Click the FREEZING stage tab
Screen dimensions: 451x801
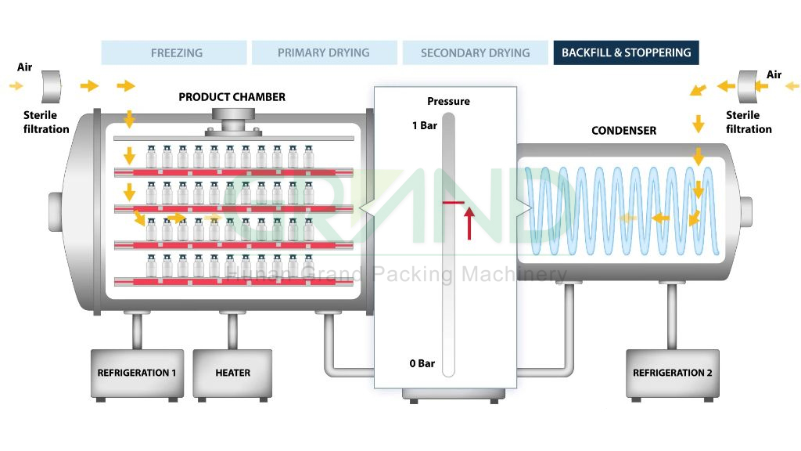point(176,53)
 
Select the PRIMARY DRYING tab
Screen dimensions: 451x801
point(323,53)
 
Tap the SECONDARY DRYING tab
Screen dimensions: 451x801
point(475,53)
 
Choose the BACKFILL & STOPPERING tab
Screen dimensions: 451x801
point(626,53)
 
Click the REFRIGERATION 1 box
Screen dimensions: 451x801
point(137,373)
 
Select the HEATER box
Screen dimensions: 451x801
point(232,373)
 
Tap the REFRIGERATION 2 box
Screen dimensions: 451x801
point(672,373)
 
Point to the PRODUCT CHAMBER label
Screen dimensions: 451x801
point(232,97)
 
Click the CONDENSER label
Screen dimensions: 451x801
point(623,131)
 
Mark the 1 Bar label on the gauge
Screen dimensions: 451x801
point(424,125)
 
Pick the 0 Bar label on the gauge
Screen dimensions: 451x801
point(422,363)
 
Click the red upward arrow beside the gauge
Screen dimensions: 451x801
point(469,223)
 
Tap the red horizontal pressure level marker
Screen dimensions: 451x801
point(453,203)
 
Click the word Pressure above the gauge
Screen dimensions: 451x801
point(448,101)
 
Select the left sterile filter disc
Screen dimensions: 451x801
point(52,86)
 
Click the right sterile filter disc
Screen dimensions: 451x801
point(747,86)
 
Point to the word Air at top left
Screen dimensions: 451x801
point(25,67)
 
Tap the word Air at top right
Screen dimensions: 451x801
point(774,75)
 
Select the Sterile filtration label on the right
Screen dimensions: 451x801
point(749,122)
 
